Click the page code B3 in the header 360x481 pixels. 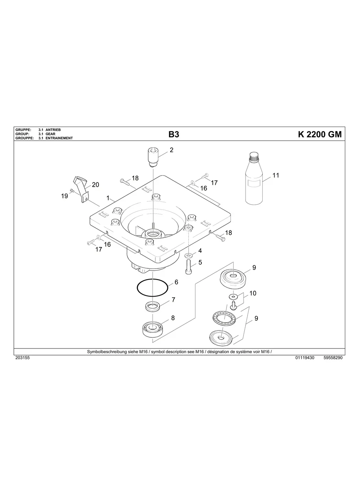pos(174,135)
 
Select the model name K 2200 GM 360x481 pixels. pos(319,135)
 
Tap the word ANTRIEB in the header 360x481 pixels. pos(54,130)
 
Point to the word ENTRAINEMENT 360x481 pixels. pos(59,138)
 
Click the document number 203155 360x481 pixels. pos(22,358)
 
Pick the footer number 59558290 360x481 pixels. pos(333,358)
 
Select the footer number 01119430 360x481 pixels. pos(305,358)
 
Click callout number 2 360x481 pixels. pos(172,150)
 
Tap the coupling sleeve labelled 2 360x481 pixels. pos(153,157)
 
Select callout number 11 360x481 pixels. pos(276,175)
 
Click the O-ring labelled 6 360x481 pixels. pos(152,287)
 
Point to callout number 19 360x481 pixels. pos(64,196)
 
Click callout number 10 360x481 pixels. pos(252,293)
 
